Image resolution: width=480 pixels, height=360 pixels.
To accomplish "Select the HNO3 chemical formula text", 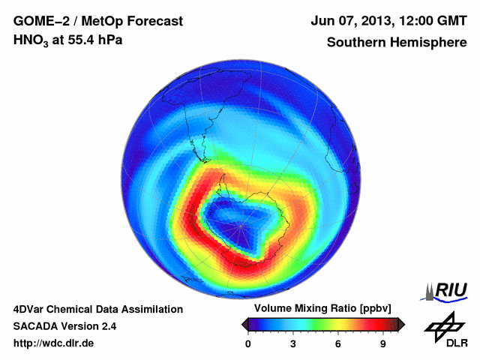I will pyautogui.click(x=33, y=40).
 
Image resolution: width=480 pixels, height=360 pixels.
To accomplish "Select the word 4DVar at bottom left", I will pyautogui.click(x=31, y=309).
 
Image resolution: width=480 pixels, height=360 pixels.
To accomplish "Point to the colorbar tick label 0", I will pyautogui.click(x=249, y=343).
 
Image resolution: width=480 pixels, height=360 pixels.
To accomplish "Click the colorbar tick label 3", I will pyautogui.click(x=294, y=343).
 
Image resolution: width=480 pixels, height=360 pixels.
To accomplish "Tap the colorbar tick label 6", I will pyautogui.click(x=339, y=343).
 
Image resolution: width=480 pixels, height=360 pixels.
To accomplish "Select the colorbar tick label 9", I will pyautogui.click(x=383, y=343).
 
